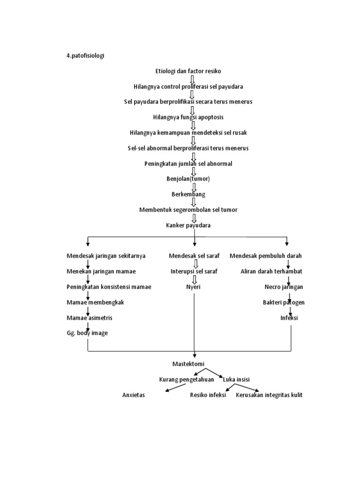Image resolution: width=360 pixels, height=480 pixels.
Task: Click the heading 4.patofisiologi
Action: coord(85,56)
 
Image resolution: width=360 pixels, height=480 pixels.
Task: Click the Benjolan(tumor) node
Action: coord(188,179)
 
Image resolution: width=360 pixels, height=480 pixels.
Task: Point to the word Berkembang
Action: coord(188,194)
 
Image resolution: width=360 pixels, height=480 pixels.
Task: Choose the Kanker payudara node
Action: coord(188,225)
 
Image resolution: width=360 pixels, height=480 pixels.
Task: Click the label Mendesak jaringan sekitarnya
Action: coord(106,256)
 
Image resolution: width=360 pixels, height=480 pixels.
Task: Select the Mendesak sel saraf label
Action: coord(194,256)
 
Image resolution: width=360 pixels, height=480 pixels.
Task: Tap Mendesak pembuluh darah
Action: coord(266,256)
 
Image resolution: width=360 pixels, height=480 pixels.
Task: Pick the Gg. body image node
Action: coord(87,333)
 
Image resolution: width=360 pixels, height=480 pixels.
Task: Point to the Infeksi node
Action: coord(289,318)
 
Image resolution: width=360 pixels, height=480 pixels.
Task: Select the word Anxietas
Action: coord(134,395)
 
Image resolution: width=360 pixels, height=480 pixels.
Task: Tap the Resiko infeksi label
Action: coord(208,395)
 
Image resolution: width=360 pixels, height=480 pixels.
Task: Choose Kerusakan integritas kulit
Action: coord(269,395)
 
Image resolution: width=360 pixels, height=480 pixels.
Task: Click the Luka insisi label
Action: coord(235,380)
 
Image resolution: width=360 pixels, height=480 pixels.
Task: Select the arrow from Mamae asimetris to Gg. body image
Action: coord(88,325)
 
